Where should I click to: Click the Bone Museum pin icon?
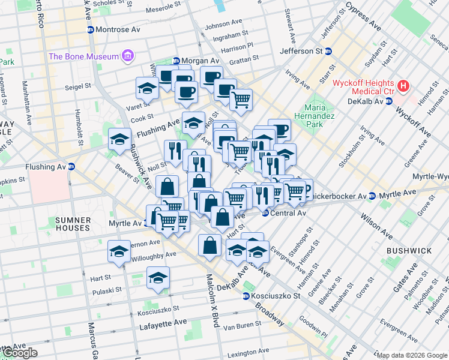point(127,57)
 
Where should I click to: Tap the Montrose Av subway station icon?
point(90,29)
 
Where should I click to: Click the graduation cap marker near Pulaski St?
point(158,277)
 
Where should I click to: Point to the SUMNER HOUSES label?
point(73,224)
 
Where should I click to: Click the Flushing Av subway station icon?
point(71,167)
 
